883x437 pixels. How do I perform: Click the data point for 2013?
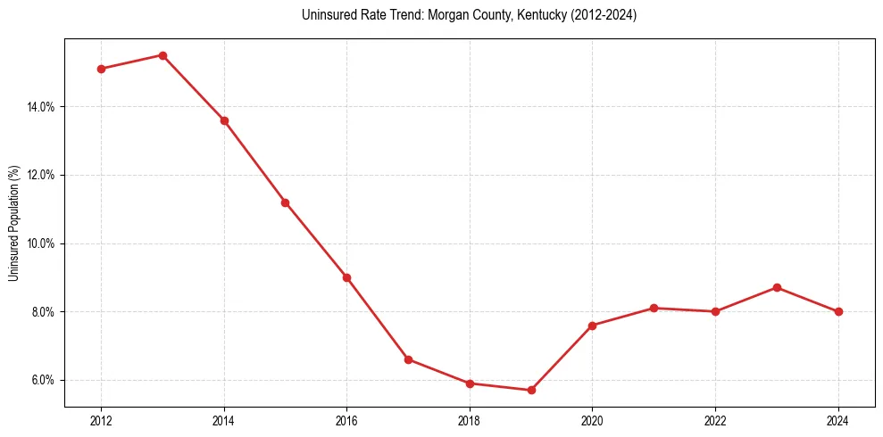[162, 55]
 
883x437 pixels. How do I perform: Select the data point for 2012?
[101, 69]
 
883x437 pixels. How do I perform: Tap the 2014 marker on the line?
[224, 120]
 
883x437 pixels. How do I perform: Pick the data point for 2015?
[285, 202]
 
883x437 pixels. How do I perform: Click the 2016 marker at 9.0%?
[346, 277]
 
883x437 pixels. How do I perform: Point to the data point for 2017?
[408, 359]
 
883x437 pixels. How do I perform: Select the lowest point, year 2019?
[531, 390]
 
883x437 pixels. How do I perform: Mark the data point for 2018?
[470, 383]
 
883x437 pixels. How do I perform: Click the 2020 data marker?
[592, 326]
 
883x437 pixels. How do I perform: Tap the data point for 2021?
[654, 308]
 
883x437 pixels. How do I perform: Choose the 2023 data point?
[777, 287]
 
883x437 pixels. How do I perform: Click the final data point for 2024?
[838, 311]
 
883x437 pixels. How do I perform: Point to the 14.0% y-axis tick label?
[42, 107]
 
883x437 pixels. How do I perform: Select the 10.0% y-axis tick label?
[42, 243]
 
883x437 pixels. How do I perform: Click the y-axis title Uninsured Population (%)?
[13, 223]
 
